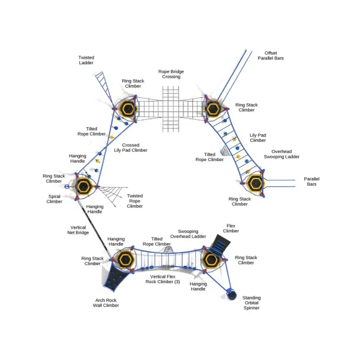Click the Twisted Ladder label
coord(86,60)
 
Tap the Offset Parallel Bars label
coord(270,56)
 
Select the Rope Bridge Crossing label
coord(171,74)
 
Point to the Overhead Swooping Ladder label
coord(281,154)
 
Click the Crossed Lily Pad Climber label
coord(131,148)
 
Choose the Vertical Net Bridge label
coord(78,230)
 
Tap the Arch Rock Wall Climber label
coord(106,303)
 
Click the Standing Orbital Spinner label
coord(252,303)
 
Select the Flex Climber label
coord(231,229)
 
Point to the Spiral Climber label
coord(54,199)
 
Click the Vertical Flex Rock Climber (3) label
coord(163,279)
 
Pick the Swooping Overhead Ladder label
coord(188,234)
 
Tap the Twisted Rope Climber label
coord(135,201)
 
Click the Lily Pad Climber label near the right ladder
coord(258,138)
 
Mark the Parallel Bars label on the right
coord(312,182)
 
